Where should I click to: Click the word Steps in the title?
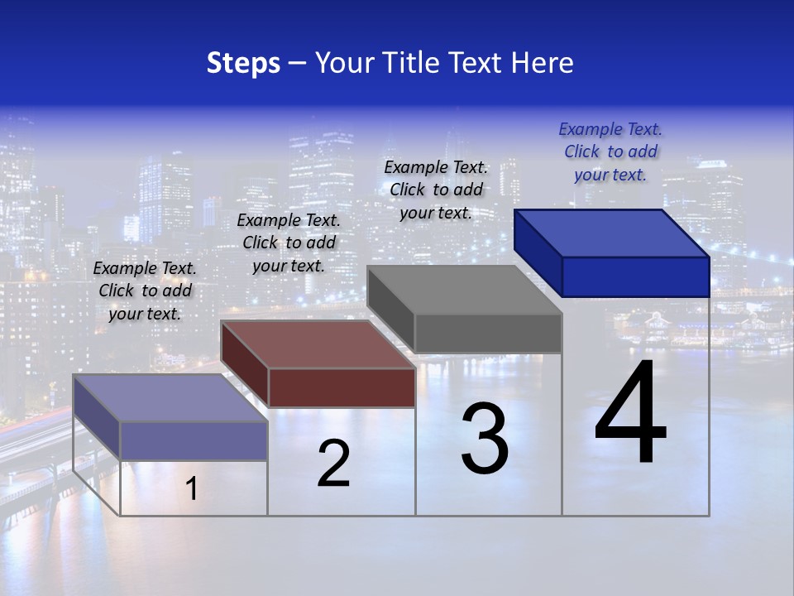pyautogui.click(x=243, y=63)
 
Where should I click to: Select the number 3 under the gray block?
pyautogui.click(x=484, y=439)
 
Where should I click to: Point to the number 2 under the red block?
pyautogui.click(x=333, y=464)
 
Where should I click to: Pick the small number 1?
pyautogui.click(x=191, y=489)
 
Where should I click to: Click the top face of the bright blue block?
pyautogui.click(x=612, y=233)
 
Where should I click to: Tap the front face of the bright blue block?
pyautogui.click(x=635, y=276)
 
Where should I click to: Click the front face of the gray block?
pyautogui.click(x=488, y=334)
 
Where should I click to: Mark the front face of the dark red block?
pyautogui.click(x=342, y=387)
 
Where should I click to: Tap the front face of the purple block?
pyautogui.click(x=194, y=440)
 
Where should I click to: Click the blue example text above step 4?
pyautogui.click(x=610, y=151)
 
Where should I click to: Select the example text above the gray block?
pyautogui.click(x=436, y=190)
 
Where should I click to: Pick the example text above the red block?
pyautogui.click(x=289, y=243)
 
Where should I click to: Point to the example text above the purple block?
pyautogui.click(x=145, y=291)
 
